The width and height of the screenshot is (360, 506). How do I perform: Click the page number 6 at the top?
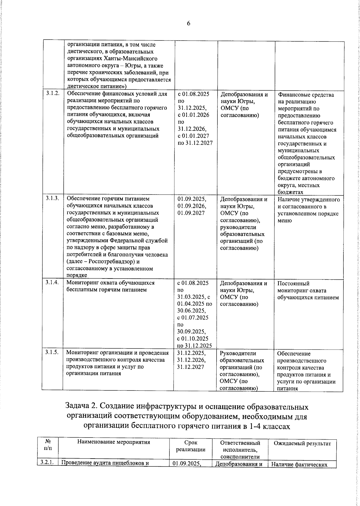coord(188,24)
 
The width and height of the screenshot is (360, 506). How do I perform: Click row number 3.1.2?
coord(52,94)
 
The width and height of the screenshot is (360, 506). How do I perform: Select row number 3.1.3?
coord(52,198)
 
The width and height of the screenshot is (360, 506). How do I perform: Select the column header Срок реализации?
coord(190,446)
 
